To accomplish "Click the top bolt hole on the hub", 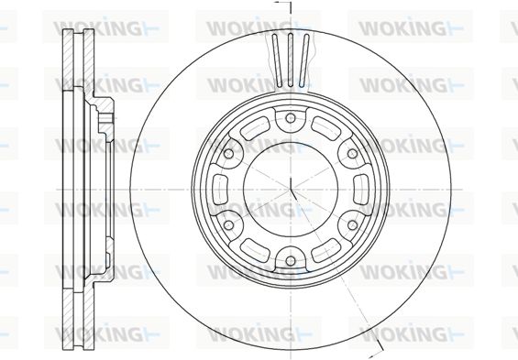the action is (x=291, y=118).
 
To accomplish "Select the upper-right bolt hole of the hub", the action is (x=352, y=154).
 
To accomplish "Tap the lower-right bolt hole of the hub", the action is (x=352, y=225).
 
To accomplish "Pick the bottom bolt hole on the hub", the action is (x=291, y=261).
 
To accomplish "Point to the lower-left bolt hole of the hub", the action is (x=228, y=225).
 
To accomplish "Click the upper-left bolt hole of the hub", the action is (x=228, y=154).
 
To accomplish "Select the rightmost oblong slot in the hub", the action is (x=360, y=190).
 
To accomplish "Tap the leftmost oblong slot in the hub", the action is (x=220, y=190).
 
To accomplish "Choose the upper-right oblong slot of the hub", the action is (x=325, y=128).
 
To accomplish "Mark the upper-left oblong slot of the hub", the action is (x=256, y=128).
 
